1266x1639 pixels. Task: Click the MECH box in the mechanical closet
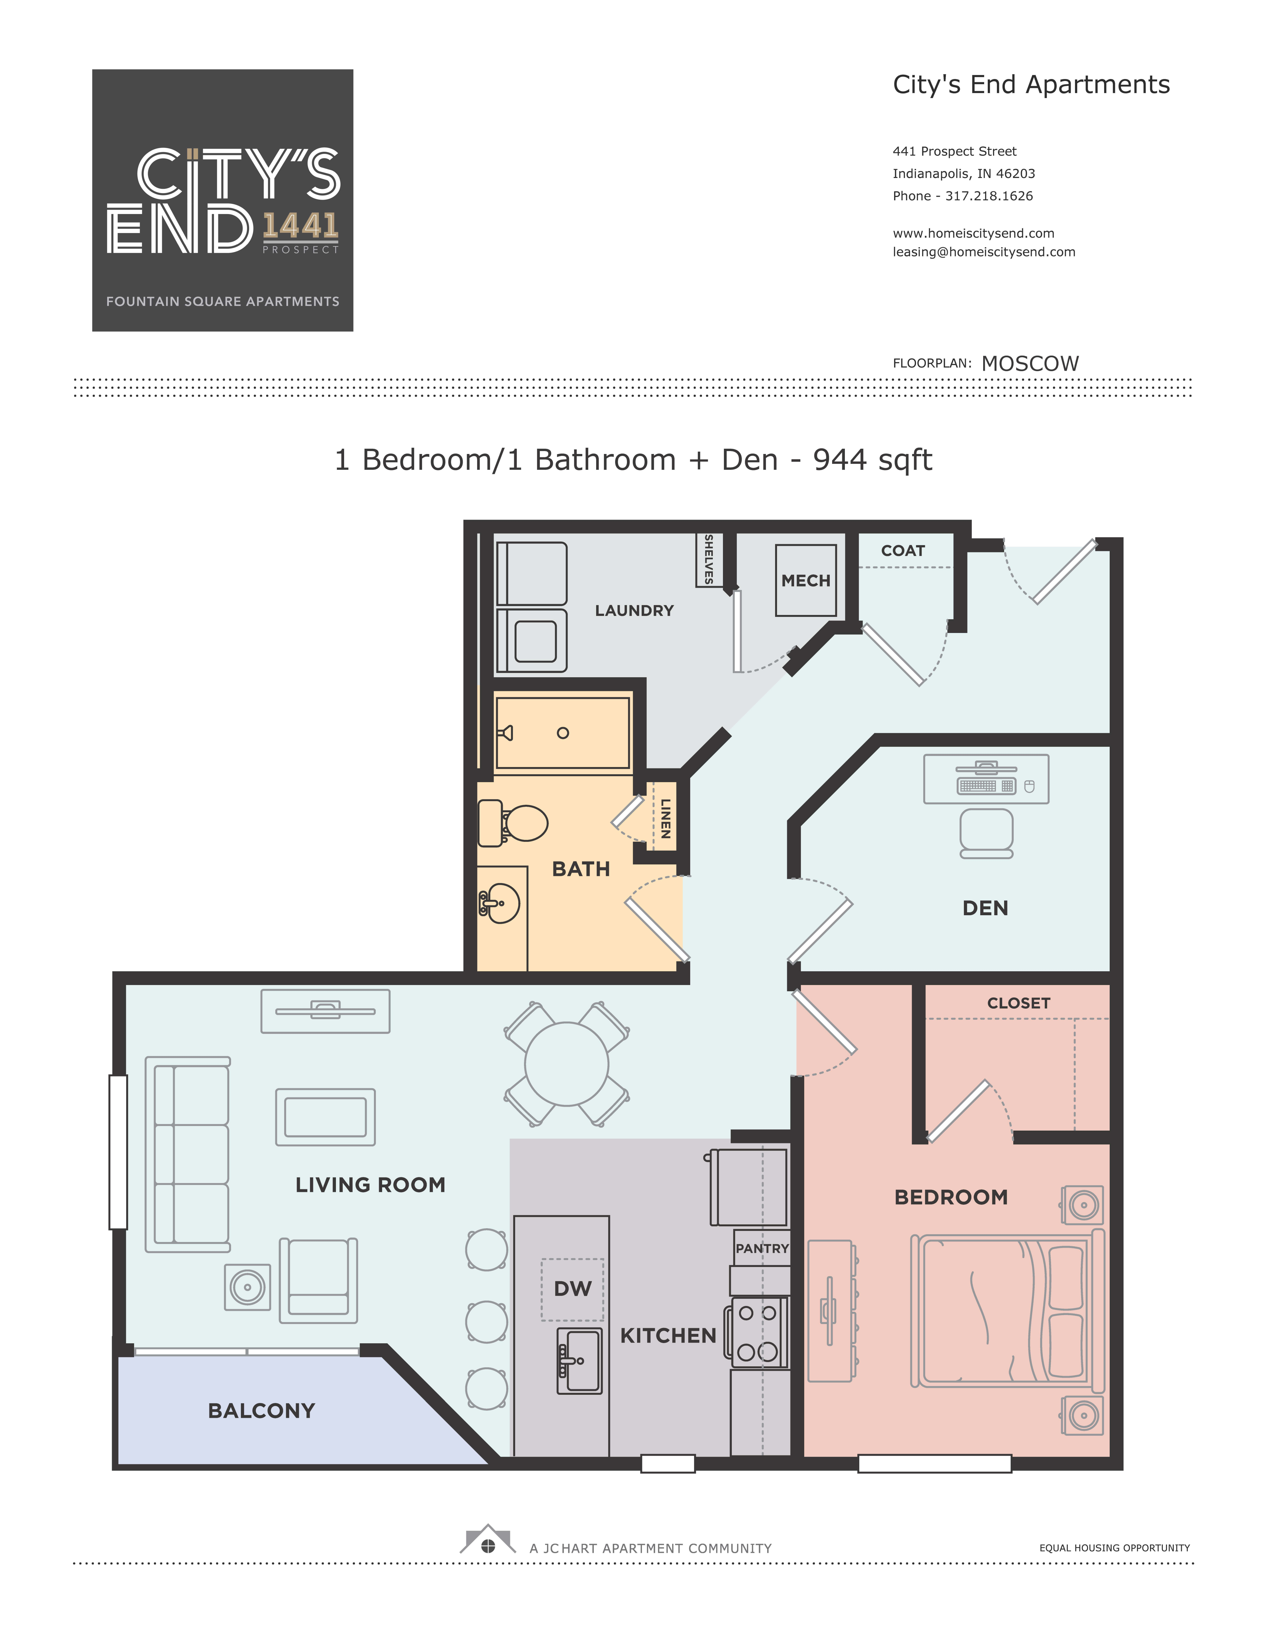pyautogui.click(x=805, y=580)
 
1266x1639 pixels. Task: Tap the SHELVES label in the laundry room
pyautogui.click(x=708, y=559)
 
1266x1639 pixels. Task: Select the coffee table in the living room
pyautogui.click(x=325, y=1117)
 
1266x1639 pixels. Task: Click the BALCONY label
pyautogui.click(x=261, y=1411)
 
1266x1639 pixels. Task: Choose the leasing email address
pyautogui.click(x=983, y=252)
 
